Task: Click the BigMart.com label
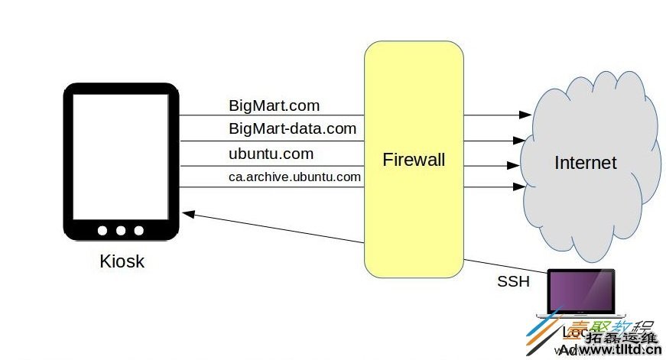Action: tap(274, 105)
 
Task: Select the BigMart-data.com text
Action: tap(292, 128)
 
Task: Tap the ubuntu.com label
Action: tap(271, 154)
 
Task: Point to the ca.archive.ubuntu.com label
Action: tap(294, 177)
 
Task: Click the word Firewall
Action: tap(414, 161)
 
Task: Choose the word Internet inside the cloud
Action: tap(585, 163)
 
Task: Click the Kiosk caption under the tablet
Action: tap(122, 261)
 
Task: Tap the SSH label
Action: tap(513, 281)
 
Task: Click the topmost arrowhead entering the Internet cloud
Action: tap(525, 115)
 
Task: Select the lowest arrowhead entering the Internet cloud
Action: tap(519, 186)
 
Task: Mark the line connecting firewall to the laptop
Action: tap(505, 268)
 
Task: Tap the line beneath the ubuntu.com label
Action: tap(271, 166)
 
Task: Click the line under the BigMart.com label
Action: tap(271, 116)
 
